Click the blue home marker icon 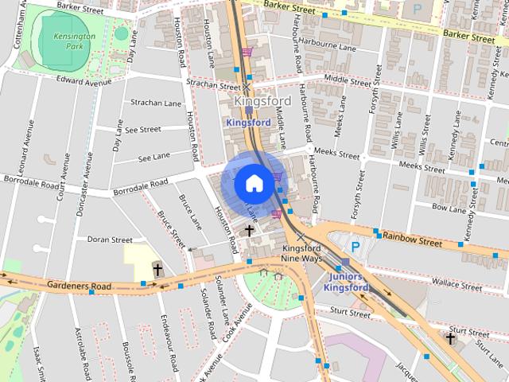(253, 183)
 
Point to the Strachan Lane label (156, 103)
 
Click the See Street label (143, 129)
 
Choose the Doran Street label (110, 239)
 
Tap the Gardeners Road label (79, 284)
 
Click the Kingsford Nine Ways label (302, 254)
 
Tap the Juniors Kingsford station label (346, 282)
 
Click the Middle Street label (348, 81)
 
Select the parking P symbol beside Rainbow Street (356, 248)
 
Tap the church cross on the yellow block (157, 270)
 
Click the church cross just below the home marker (249, 230)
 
